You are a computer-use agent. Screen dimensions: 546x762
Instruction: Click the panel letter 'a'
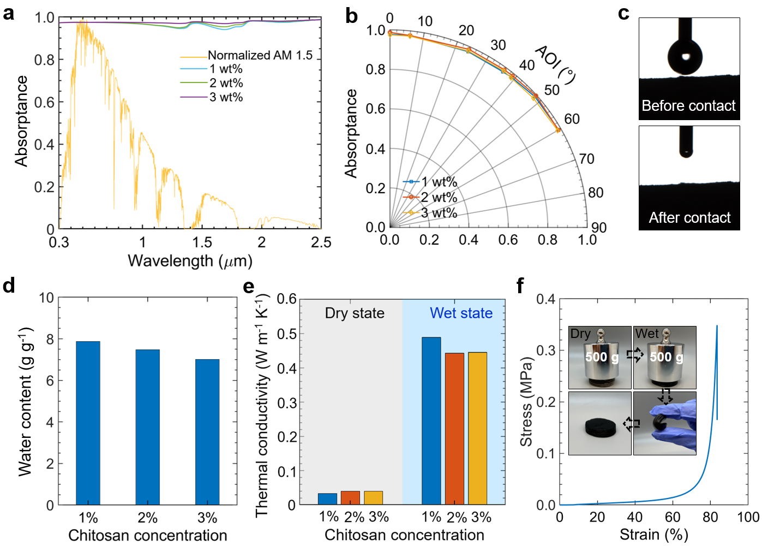coord(8,13)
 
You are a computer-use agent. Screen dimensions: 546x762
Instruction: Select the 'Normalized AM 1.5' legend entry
coord(260,55)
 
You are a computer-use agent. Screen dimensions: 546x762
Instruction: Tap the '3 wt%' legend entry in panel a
coord(226,97)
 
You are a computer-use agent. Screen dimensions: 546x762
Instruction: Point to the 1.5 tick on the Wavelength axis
coord(202,242)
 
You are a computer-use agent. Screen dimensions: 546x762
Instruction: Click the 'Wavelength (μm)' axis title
coord(190,261)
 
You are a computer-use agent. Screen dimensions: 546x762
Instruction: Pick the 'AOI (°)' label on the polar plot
coord(555,64)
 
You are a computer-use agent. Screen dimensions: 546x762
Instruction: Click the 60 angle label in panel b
coord(572,119)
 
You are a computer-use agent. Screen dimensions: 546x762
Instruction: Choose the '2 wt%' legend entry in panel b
coord(439,197)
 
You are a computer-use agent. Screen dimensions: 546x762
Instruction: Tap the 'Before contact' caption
coord(688,106)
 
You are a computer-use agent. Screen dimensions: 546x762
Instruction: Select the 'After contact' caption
coord(689,218)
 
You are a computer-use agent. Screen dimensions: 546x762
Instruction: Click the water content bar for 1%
coord(88,423)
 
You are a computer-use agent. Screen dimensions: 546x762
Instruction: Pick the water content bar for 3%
coord(207,431)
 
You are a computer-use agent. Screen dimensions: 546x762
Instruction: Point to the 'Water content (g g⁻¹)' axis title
coord(25,401)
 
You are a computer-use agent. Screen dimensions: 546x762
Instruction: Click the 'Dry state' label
coord(355,313)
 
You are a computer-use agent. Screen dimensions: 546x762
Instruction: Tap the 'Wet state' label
coord(461,313)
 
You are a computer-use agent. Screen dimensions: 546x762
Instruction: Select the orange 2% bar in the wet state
coord(454,428)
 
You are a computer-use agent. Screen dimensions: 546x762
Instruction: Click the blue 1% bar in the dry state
coord(327,498)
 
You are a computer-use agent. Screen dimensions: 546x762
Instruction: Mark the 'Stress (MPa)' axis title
coord(526,401)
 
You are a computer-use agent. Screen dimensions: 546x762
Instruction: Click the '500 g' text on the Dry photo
coord(602,357)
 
